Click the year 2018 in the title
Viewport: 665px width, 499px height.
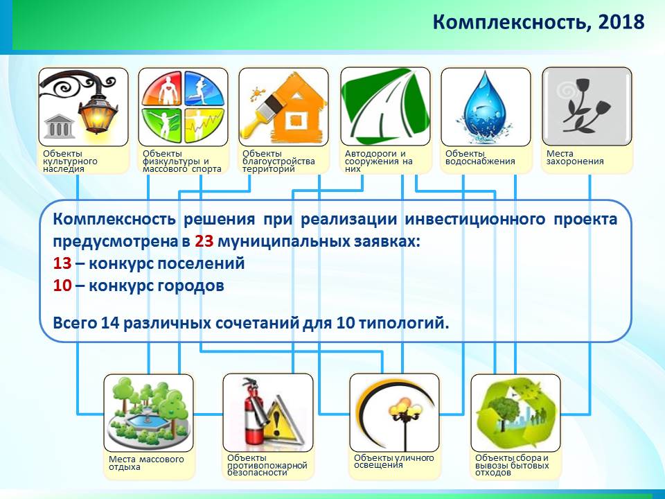[621, 21]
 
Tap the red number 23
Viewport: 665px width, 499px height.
[204, 241]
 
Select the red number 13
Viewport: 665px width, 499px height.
[62, 263]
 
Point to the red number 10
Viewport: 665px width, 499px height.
[62, 286]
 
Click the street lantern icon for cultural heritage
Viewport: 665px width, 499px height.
[83, 107]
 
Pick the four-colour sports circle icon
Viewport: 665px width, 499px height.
[183, 107]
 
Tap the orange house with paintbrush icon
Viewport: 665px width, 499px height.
[283, 107]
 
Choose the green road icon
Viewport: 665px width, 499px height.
[385, 107]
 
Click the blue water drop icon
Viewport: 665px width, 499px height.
[486, 107]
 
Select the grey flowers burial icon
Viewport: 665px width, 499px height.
[587, 106]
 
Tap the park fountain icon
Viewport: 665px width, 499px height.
[148, 412]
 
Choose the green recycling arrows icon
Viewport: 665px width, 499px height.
[515, 412]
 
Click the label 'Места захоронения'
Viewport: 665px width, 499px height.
[575, 157]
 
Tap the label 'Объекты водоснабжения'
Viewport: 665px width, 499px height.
[480, 157]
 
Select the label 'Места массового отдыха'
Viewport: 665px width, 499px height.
[146, 463]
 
